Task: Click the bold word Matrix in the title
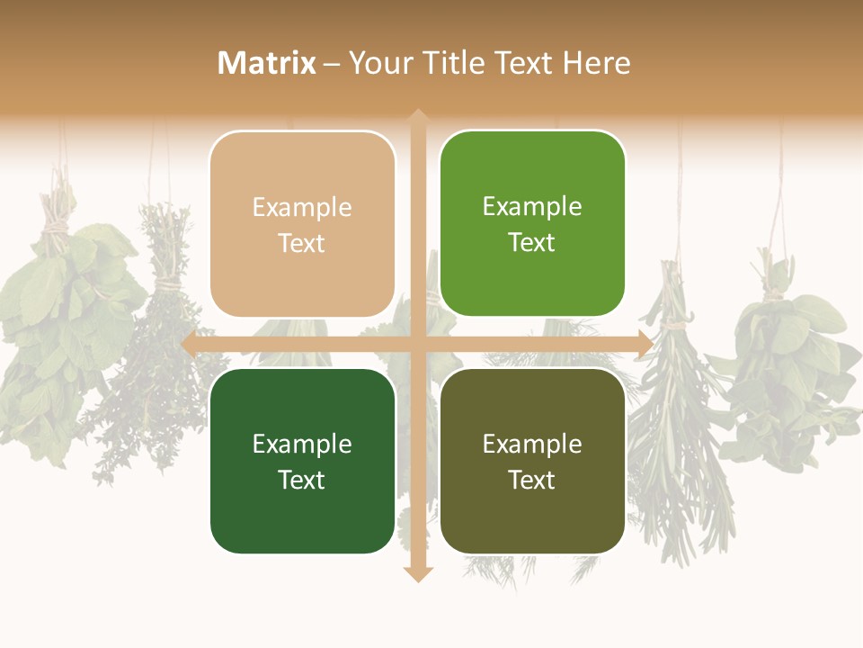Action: [267, 63]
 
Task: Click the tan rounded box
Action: [302, 224]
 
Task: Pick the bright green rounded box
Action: [532, 223]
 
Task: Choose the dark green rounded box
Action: [302, 461]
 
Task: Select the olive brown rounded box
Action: [532, 461]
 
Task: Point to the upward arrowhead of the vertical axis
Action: [418, 117]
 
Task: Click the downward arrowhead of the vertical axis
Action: [418, 573]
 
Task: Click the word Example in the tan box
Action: [302, 207]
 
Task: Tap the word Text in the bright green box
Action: [532, 242]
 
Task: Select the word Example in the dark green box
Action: [302, 444]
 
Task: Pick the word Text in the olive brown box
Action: [532, 480]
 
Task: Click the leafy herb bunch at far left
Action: [54, 333]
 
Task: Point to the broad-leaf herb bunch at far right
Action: [791, 360]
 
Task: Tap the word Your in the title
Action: [378, 63]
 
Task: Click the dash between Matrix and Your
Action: [332, 64]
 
